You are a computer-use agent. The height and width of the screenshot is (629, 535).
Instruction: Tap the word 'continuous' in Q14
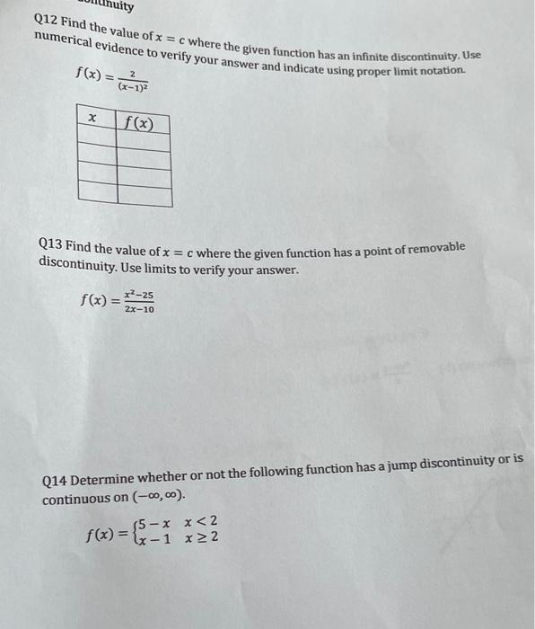click(76, 498)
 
